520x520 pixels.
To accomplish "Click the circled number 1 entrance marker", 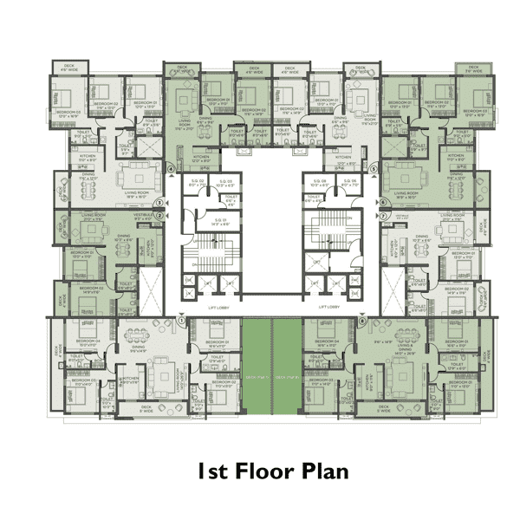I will click(x=181, y=320).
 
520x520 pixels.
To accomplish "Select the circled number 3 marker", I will click(x=159, y=203).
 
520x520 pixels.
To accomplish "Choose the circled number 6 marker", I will click(x=383, y=203).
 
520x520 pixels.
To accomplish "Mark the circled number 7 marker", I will click(x=383, y=215).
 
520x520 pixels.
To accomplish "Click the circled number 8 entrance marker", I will click(x=362, y=320).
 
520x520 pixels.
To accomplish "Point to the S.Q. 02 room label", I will click(x=198, y=182).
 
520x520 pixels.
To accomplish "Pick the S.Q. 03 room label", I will click(x=224, y=182).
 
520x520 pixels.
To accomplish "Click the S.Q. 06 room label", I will click(x=347, y=182).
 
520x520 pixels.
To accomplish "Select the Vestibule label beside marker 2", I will click(x=146, y=216).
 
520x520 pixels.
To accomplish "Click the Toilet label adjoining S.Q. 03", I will click(x=229, y=198).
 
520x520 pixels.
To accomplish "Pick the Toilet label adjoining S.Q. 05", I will click(x=314, y=198).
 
